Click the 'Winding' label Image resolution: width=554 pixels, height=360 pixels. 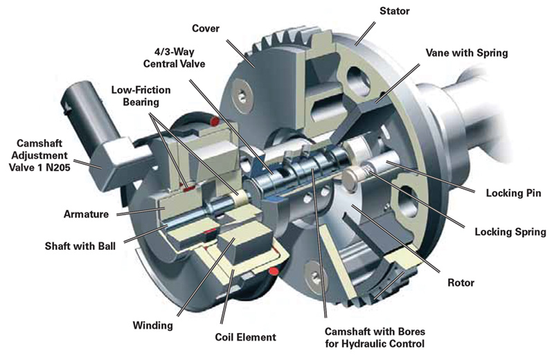[151, 324]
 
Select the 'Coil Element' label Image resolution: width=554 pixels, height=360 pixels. [245, 337]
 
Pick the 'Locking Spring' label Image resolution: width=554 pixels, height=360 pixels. [502, 232]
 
